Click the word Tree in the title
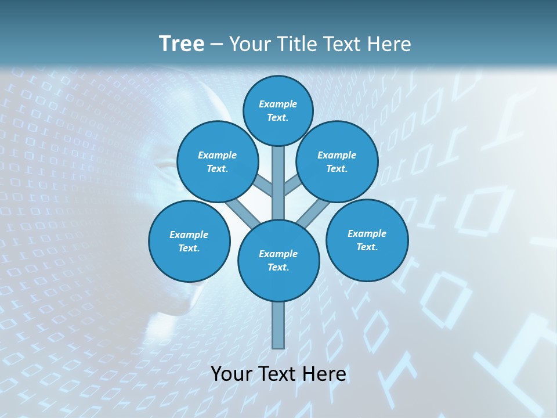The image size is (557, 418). point(182,44)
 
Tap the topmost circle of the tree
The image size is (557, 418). point(278,110)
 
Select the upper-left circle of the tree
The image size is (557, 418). point(218,162)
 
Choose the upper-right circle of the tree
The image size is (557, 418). point(337,162)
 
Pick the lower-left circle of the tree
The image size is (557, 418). point(189,242)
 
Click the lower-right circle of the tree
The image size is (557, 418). point(367,240)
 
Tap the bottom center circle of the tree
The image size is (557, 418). point(278,261)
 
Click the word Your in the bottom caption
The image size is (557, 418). point(231,374)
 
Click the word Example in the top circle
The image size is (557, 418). point(278,104)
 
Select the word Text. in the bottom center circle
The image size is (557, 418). point(278,267)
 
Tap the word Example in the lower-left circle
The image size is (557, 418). point(189,235)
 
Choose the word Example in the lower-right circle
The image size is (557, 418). point(367,233)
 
